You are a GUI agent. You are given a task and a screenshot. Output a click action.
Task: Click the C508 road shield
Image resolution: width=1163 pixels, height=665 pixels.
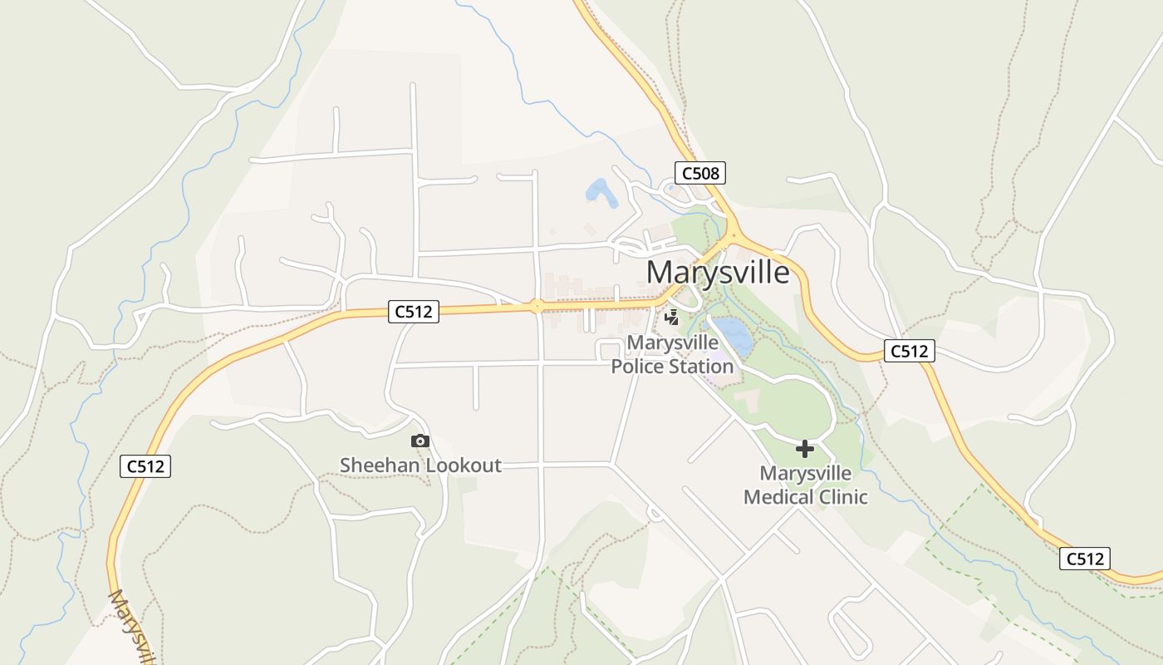click(x=699, y=173)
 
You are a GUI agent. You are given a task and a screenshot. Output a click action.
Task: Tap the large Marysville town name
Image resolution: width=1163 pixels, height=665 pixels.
click(x=718, y=272)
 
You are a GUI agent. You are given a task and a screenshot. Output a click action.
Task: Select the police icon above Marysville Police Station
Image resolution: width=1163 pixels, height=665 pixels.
click(x=672, y=317)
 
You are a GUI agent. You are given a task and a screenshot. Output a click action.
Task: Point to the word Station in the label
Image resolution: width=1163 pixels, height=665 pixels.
click(x=702, y=366)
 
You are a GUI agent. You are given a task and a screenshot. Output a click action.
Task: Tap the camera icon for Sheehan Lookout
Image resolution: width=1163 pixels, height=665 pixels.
click(x=420, y=441)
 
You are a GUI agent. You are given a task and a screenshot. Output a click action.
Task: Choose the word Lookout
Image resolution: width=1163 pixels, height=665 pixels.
click(x=463, y=465)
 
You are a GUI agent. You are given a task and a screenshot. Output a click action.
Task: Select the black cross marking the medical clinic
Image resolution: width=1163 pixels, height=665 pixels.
click(x=804, y=450)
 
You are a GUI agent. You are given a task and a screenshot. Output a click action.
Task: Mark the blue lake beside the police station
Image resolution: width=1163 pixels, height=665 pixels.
click(x=733, y=334)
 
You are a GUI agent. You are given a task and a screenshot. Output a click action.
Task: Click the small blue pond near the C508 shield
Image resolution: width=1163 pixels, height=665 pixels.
click(x=601, y=193)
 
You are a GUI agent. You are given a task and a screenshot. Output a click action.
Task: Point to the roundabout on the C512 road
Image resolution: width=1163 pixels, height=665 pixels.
click(x=537, y=306)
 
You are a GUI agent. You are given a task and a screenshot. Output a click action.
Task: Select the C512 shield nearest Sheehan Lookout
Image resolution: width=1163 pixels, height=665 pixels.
click(x=413, y=312)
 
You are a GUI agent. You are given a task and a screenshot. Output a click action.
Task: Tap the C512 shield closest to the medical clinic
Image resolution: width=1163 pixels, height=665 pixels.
click(x=909, y=351)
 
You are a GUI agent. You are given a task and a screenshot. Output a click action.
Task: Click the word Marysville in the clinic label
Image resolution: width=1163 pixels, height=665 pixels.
click(x=806, y=474)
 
